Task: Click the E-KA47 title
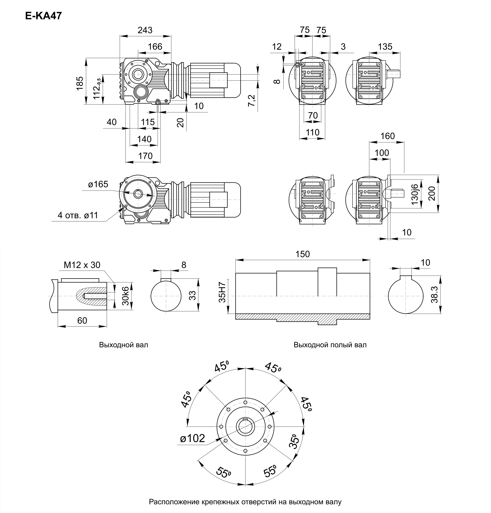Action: click(x=43, y=16)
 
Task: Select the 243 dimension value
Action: click(x=145, y=30)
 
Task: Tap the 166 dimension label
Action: click(x=155, y=47)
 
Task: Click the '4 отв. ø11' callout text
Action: click(x=78, y=215)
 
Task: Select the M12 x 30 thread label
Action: click(x=82, y=265)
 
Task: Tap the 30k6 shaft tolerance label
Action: click(x=126, y=296)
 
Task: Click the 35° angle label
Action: click(x=294, y=442)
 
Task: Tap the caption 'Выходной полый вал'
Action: click(x=330, y=345)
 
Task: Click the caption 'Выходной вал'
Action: click(x=123, y=345)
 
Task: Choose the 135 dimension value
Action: click(x=385, y=47)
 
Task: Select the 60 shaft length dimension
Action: click(x=82, y=320)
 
